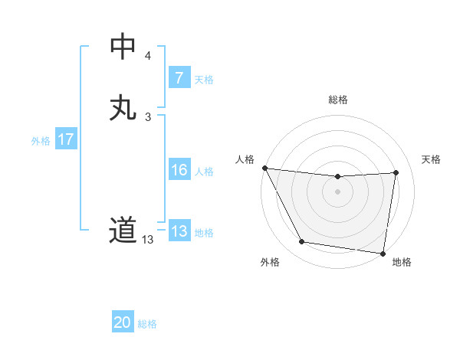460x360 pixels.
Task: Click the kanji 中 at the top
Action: click(123, 47)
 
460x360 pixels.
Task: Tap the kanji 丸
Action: click(123, 107)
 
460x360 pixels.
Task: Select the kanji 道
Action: click(123, 230)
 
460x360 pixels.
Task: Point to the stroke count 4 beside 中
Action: click(147, 56)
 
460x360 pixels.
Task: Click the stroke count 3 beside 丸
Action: click(147, 116)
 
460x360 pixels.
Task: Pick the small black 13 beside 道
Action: click(147, 240)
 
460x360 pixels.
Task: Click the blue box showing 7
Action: click(179, 78)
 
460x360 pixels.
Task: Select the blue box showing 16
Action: click(179, 170)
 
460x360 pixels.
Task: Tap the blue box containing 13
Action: click(179, 231)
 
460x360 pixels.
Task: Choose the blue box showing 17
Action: click(66, 139)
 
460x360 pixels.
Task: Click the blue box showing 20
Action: click(123, 322)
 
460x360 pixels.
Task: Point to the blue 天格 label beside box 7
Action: click(204, 80)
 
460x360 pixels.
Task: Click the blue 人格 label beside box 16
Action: click(204, 172)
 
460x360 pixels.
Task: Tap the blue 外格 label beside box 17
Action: click(41, 141)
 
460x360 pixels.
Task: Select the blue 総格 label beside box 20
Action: click(147, 324)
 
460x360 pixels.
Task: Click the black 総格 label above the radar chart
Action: click(338, 100)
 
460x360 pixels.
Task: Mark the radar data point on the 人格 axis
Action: click(264, 168)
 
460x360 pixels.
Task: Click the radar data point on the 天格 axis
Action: click(396, 172)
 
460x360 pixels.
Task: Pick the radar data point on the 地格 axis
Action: click(383, 253)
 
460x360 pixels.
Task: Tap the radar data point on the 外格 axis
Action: click(302, 242)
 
